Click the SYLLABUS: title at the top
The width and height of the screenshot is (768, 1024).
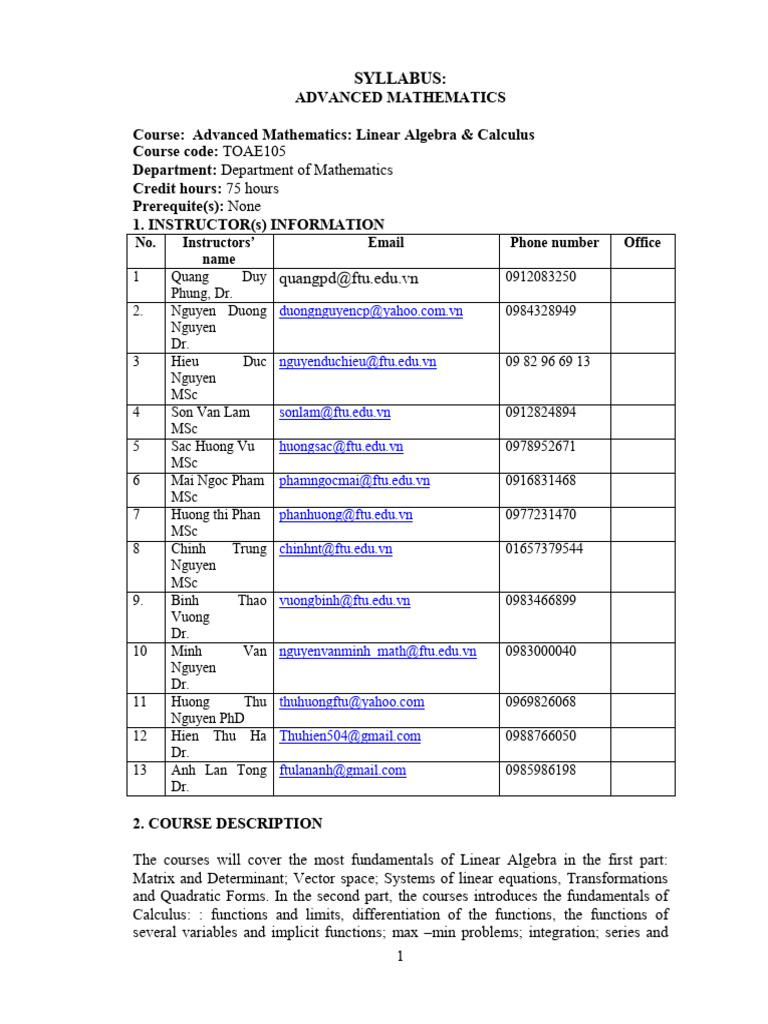[400, 78]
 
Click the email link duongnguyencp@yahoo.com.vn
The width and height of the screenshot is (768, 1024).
[371, 311]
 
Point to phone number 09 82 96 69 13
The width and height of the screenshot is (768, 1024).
[548, 361]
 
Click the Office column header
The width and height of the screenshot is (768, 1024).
[642, 243]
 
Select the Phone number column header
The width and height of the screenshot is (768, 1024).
[554, 243]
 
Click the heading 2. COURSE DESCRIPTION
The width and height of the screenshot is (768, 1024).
[228, 824]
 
